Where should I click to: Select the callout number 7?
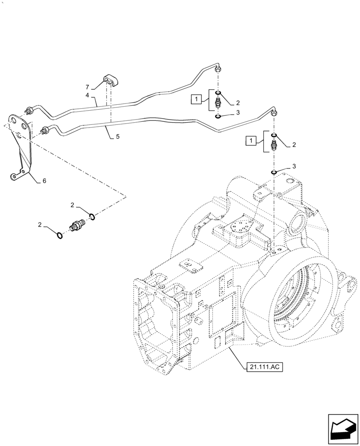tap(88, 87)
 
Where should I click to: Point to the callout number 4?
tap(88, 95)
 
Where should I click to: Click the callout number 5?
tap(118, 137)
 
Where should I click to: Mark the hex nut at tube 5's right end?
tap(274, 112)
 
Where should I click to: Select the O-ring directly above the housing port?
tap(274, 172)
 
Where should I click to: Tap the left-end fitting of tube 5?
tap(45, 131)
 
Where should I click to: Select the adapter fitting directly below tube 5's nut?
tap(274, 145)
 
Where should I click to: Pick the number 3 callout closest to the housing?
tap(294, 166)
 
